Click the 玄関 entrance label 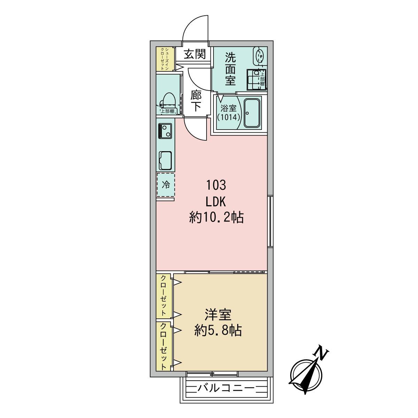195,54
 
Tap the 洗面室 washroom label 230,69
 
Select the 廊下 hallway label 196,101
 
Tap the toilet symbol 168,100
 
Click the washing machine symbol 255,79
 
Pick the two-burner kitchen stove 165,131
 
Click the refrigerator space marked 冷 166,185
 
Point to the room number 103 216,185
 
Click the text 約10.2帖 216,218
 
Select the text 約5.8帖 218,331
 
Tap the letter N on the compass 321,353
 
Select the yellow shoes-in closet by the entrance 162,59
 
